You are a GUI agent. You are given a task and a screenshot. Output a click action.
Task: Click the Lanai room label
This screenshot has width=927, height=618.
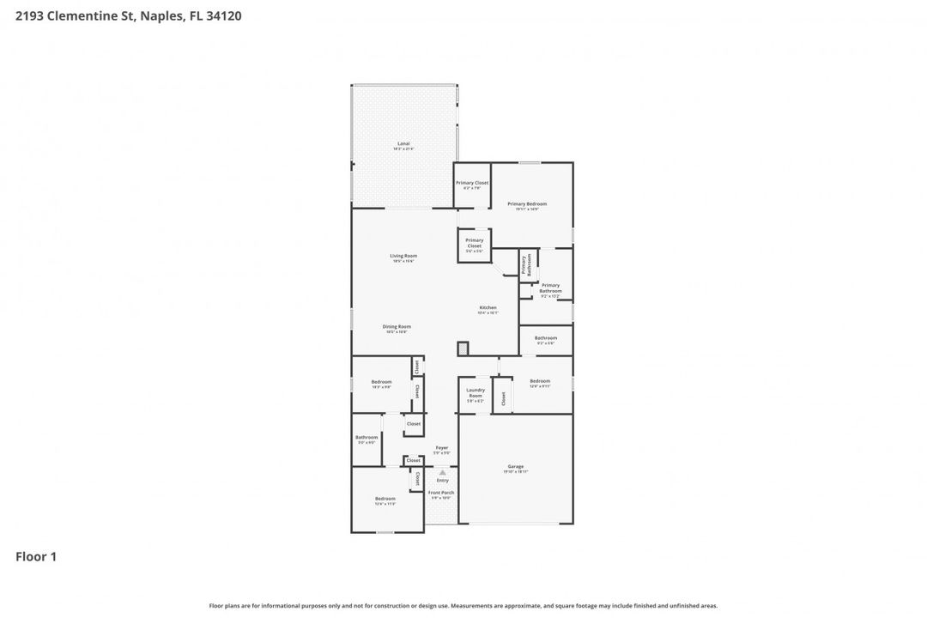point(403,144)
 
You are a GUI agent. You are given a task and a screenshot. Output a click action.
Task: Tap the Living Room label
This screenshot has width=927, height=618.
point(403,257)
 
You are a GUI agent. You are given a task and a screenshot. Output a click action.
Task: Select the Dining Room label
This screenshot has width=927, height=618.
point(397,327)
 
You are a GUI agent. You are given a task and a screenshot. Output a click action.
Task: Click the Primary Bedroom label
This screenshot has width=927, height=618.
point(527,205)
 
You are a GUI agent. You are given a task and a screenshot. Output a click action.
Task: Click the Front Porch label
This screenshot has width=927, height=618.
point(441,494)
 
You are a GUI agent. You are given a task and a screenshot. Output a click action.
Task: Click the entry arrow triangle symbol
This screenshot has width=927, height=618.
point(442,472)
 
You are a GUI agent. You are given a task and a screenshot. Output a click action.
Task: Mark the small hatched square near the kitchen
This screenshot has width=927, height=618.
point(463,348)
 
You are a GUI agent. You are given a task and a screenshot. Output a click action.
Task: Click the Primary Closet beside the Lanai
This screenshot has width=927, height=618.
point(472,184)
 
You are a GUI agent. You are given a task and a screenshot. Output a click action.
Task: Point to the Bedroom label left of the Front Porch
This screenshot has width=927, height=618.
point(385,500)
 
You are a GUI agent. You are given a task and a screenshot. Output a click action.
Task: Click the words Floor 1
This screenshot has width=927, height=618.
point(36,557)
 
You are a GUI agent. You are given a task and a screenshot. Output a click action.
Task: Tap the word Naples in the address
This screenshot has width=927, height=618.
point(158,15)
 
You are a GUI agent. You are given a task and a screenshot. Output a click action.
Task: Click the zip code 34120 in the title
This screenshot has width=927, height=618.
point(223,15)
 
